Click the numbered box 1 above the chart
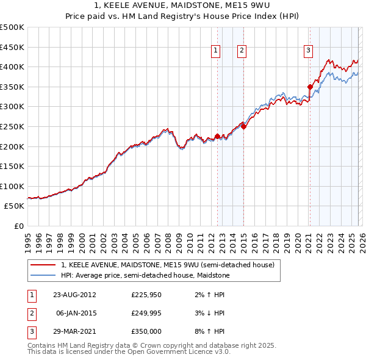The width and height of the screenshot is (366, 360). point(217,51)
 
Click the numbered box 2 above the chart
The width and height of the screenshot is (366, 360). point(242,51)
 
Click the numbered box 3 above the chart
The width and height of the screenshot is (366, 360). point(309,51)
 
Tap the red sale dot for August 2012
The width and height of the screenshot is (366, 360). point(217,136)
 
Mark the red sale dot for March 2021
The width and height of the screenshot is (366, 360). point(310,87)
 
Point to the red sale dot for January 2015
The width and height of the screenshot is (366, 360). point(243,126)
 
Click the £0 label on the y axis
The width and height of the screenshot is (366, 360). point(20,226)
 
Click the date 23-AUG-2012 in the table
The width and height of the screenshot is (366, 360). point(74,295)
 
